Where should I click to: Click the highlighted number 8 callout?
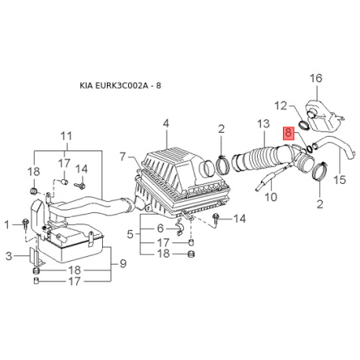[288, 133]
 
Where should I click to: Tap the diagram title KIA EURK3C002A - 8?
[120, 86]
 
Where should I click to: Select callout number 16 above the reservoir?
[316, 78]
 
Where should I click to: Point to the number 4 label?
[166, 123]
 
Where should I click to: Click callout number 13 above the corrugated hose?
[263, 123]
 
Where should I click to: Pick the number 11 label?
[66, 136]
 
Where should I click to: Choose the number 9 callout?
[123, 263]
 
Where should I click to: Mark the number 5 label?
[130, 234]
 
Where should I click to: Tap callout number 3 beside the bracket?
[9, 256]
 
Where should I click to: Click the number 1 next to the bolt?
[7, 225]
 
